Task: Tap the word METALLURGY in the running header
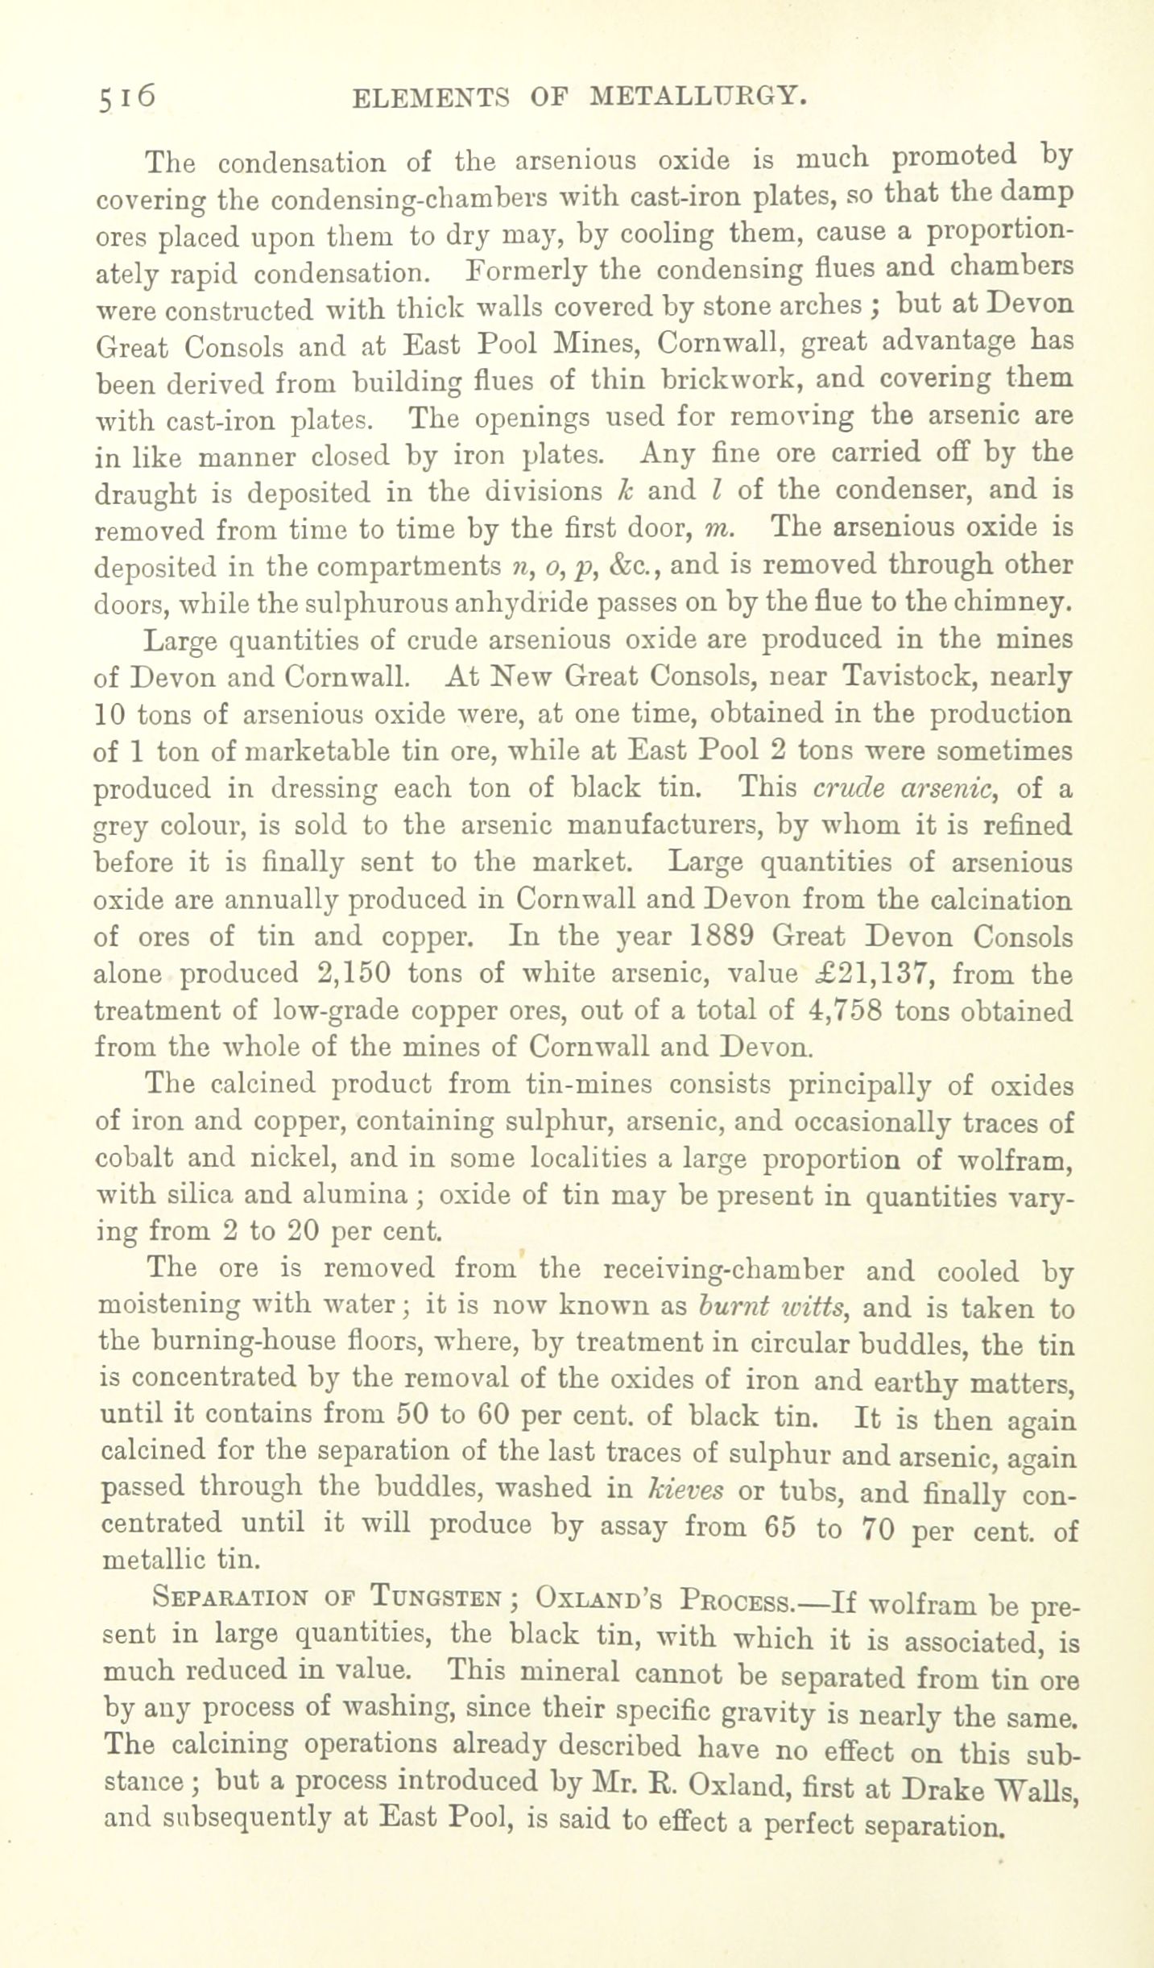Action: click(697, 97)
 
